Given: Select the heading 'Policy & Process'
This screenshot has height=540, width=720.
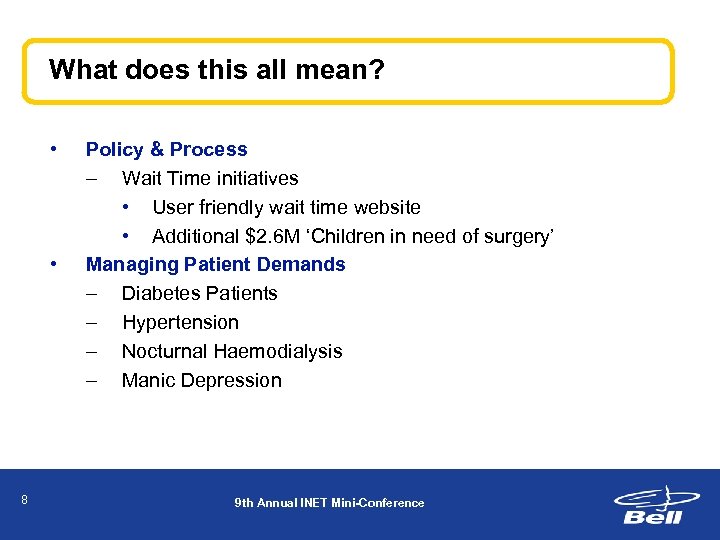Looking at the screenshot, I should (166, 149).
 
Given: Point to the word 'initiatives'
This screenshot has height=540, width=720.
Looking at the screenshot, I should (253, 178).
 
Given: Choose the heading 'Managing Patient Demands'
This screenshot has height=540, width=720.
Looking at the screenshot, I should (215, 265).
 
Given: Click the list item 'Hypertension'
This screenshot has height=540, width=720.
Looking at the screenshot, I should (180, 322).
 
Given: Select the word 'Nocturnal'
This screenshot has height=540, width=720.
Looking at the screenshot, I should (163, 351).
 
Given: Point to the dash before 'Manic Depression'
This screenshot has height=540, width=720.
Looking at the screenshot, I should (92, 380).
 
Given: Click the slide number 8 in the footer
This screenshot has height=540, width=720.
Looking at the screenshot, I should (24, 500).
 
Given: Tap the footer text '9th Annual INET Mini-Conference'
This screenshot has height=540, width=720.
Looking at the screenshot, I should (329, 503).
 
